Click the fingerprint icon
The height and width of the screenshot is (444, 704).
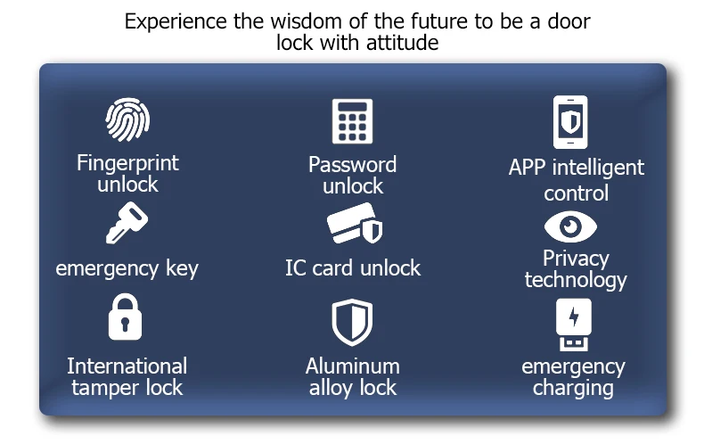tap(127, 120)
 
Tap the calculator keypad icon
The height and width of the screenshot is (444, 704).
tap(352, 122)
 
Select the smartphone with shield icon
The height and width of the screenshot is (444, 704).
tap(570, 121)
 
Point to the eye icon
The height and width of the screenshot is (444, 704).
tap(570, 226)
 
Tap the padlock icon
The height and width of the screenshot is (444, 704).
tap(126, 318)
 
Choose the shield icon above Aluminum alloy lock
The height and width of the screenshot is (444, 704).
tap(352, 322)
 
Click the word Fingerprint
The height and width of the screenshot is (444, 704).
tap(127, 163)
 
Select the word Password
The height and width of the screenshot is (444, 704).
tap(352, 164)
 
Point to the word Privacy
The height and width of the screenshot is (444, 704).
tap(576, 259)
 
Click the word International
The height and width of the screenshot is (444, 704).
tap(127, 366)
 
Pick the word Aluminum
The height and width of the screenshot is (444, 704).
tap(352, 366)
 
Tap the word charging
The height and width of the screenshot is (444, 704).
tap(573, 388)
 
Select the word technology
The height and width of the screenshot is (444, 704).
tap(576, 280)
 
